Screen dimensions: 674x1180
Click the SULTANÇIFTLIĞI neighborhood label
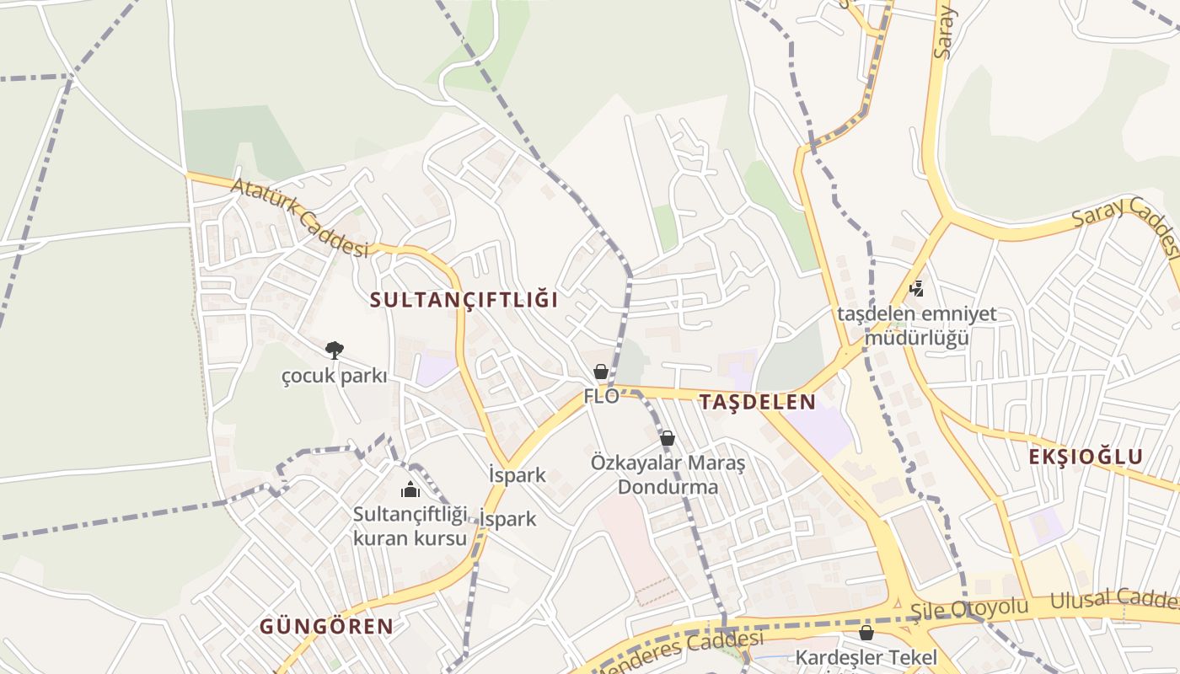click(x=464, y=299)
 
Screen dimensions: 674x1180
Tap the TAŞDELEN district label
click(x=757, y=402)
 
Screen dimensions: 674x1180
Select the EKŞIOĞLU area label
click(x=1086, y=457)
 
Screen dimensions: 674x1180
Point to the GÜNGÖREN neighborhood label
click(x=326, y=626)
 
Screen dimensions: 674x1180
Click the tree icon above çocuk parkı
click(x=335, y=350)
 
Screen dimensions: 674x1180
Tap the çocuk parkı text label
click(x=335, y=376)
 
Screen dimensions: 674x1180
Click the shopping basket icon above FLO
click(x=601, y=372)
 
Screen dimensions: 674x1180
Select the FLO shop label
click(x=601, y=396)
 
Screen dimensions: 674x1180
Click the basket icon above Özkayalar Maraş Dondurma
click(x=668, y=438)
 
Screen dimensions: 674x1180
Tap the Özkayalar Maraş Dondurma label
click(x=668, y=475)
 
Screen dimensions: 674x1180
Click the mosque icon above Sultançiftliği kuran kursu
click(x=410, y=489)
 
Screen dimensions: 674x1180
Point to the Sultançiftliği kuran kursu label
click(x=410, y=526)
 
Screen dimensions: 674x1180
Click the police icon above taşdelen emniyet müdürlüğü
click(x=916, y=289)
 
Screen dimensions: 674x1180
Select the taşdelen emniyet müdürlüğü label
click(x=916, y=326)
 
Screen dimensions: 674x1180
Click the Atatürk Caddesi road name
click(x=299, y=217)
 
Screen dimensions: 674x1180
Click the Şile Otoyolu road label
click(x=969, y=608)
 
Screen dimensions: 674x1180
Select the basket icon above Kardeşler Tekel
click(x=866, y=633)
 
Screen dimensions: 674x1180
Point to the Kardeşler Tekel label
click(x=866, y=657)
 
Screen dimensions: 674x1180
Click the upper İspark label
click(x=517, y=474)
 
